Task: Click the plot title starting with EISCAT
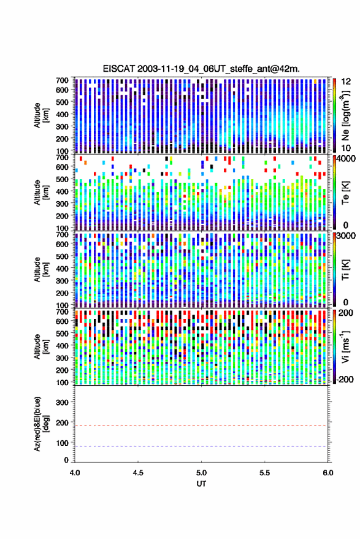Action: (x=201, y=69)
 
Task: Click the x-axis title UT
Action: (x=201, y=484)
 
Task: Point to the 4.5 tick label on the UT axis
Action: (x=138, y=473)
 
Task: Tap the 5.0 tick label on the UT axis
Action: (x=201, y=473)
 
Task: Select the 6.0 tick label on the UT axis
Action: (x=327, y=473)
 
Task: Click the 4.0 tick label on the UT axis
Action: (x=75, y=473)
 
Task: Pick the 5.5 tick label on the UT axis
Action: (x=264, y=473)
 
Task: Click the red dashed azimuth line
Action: (x=201, y=426)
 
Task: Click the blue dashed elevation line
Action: (x=201, y=446)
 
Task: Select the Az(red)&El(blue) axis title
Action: (x=41, y=424)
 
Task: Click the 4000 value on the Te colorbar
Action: (x=346, y=159)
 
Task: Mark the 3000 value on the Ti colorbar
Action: (x=346, y=236)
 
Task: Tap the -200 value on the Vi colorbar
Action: (x=345, y=380)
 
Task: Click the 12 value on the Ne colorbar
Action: (x=346, y=82)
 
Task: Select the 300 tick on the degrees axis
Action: (x=62, y=402)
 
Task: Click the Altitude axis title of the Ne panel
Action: (x=41, y=115)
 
